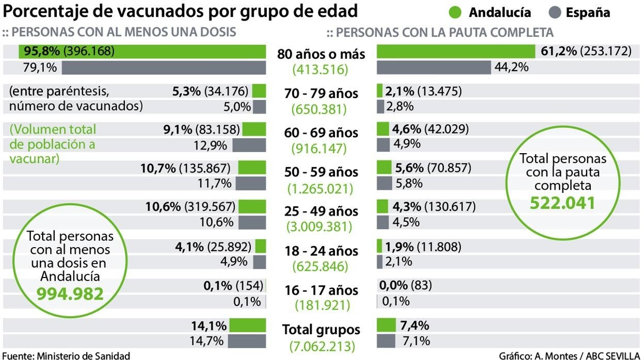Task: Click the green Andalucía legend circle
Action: point(454,12)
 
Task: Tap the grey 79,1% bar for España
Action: point(164,68)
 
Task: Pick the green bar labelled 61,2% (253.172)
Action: point(456,52)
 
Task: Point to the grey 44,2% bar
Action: point(434,68)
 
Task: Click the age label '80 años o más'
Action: point(320,54)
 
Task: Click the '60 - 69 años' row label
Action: point(320,133)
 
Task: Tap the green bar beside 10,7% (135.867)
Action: point(252,168)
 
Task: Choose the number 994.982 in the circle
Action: point(70,293)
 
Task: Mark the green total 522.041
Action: point(562,203)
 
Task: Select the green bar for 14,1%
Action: point(248,325)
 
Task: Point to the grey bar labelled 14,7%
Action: point(247,341)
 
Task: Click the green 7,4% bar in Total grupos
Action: point(386,325)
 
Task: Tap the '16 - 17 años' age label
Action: point(320,290)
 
